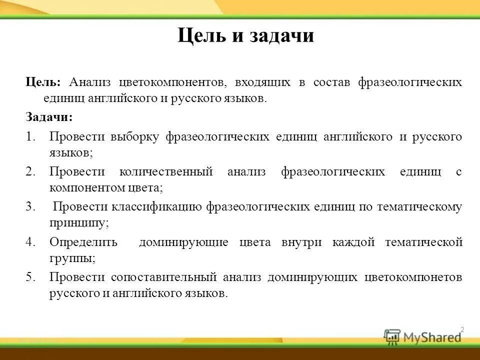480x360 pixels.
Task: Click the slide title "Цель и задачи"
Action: click(245, 36)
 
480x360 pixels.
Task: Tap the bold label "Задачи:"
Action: click(49, 117)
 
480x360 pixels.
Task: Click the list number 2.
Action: click(31, 171)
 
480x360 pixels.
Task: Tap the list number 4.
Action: click(31, 242)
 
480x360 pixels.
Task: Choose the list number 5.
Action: click(31, 277)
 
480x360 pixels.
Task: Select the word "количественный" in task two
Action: click(166, 171)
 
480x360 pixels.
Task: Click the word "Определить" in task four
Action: click(83, 242)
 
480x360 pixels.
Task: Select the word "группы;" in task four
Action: click(72, 259)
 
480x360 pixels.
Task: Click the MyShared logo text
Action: click(432, 337)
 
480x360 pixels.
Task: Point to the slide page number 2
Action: click(462, 329)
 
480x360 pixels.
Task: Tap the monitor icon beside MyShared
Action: click(392, 336)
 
